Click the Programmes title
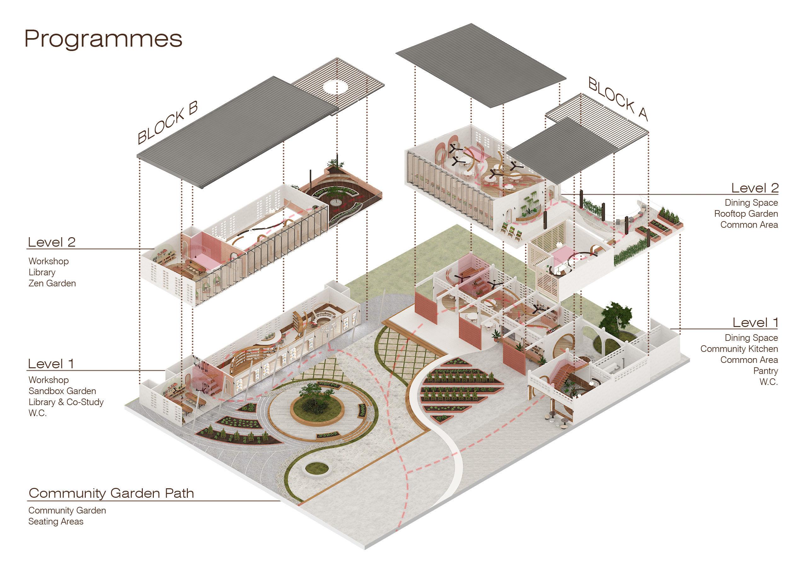pyautogui.click(x=103, y=39)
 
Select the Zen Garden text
pyautogui.click(x=52, y=283)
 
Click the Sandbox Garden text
pyautogui.click(x=62, y=391)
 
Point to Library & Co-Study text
pyautogui.click(x=66, y=402)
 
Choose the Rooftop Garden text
pyautogui.click(x=746, y=214)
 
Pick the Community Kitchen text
pyautogui.click(x=739, y=349)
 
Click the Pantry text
pyautogui.click(x=765, y=371)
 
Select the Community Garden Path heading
pyautogui.click(x=111, y=493)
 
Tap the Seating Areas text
pyautogui.click(x=56, y=521)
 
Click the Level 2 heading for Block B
pyautogui.click(x=51, y=242)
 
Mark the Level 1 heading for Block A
pyautogui.click(x=755, y=322)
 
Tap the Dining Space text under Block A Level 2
pyautogui.click(x=751, y=203)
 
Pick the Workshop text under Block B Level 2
pyautogui.click(x=48, y=261)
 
